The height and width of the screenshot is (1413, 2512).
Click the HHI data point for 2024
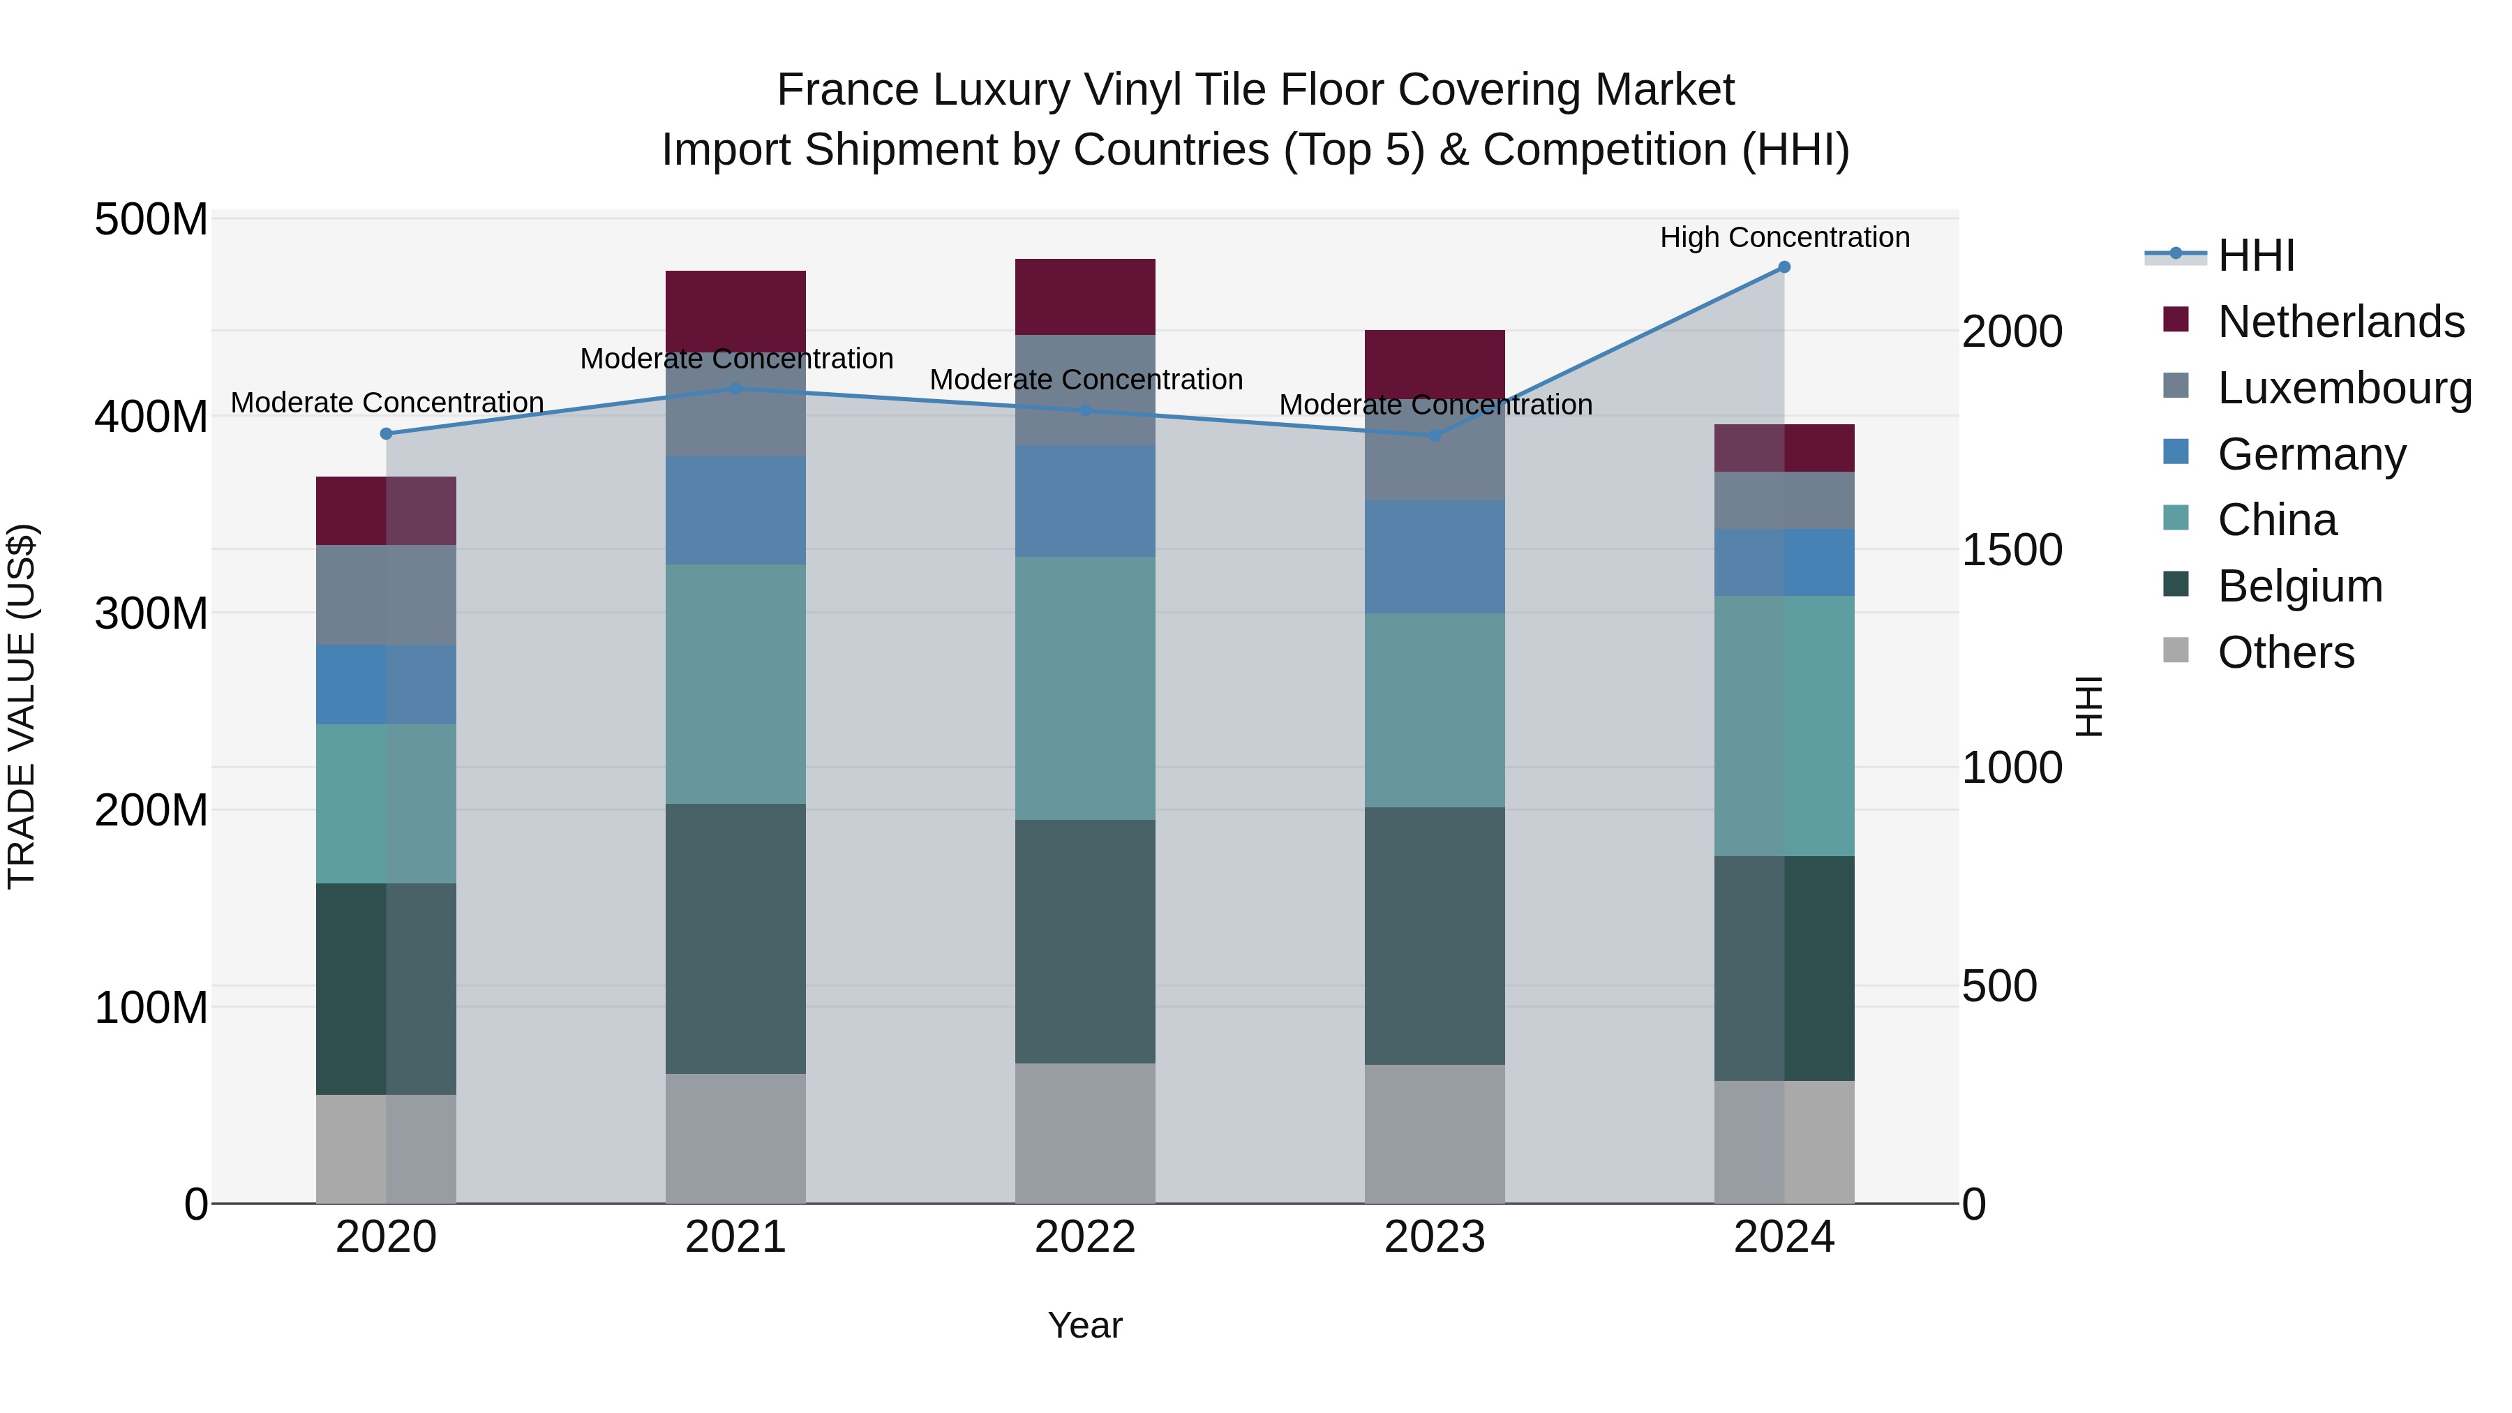click(1784, 267)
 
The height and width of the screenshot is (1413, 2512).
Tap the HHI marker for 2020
click(386, 434)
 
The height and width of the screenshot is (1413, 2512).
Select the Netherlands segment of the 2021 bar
click(735, 310)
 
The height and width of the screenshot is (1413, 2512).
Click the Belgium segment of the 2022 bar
click(1084, 941)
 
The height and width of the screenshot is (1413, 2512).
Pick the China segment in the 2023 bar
click(1435, 710)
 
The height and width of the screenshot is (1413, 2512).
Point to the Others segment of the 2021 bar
click(735, 1138)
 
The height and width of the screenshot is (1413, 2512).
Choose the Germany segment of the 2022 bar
click(1084, 501)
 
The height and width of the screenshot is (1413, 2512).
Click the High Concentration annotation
click(1784, 238)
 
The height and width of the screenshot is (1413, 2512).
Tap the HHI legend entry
click(2255, 255)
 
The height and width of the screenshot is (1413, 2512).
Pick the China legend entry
click(2276, 520)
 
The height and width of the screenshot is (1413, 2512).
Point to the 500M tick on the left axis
click(151, 220)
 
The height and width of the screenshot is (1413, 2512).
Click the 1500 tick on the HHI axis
click(2012, 550)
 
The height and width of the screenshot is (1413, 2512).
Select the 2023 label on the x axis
click(1435, 1237)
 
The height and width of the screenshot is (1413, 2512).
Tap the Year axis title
click(1084, 1325)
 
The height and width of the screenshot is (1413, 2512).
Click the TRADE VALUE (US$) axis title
click(22, 706)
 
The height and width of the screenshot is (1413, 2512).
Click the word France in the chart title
click(847, 91)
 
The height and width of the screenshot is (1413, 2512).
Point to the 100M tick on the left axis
click(151, 1008)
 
